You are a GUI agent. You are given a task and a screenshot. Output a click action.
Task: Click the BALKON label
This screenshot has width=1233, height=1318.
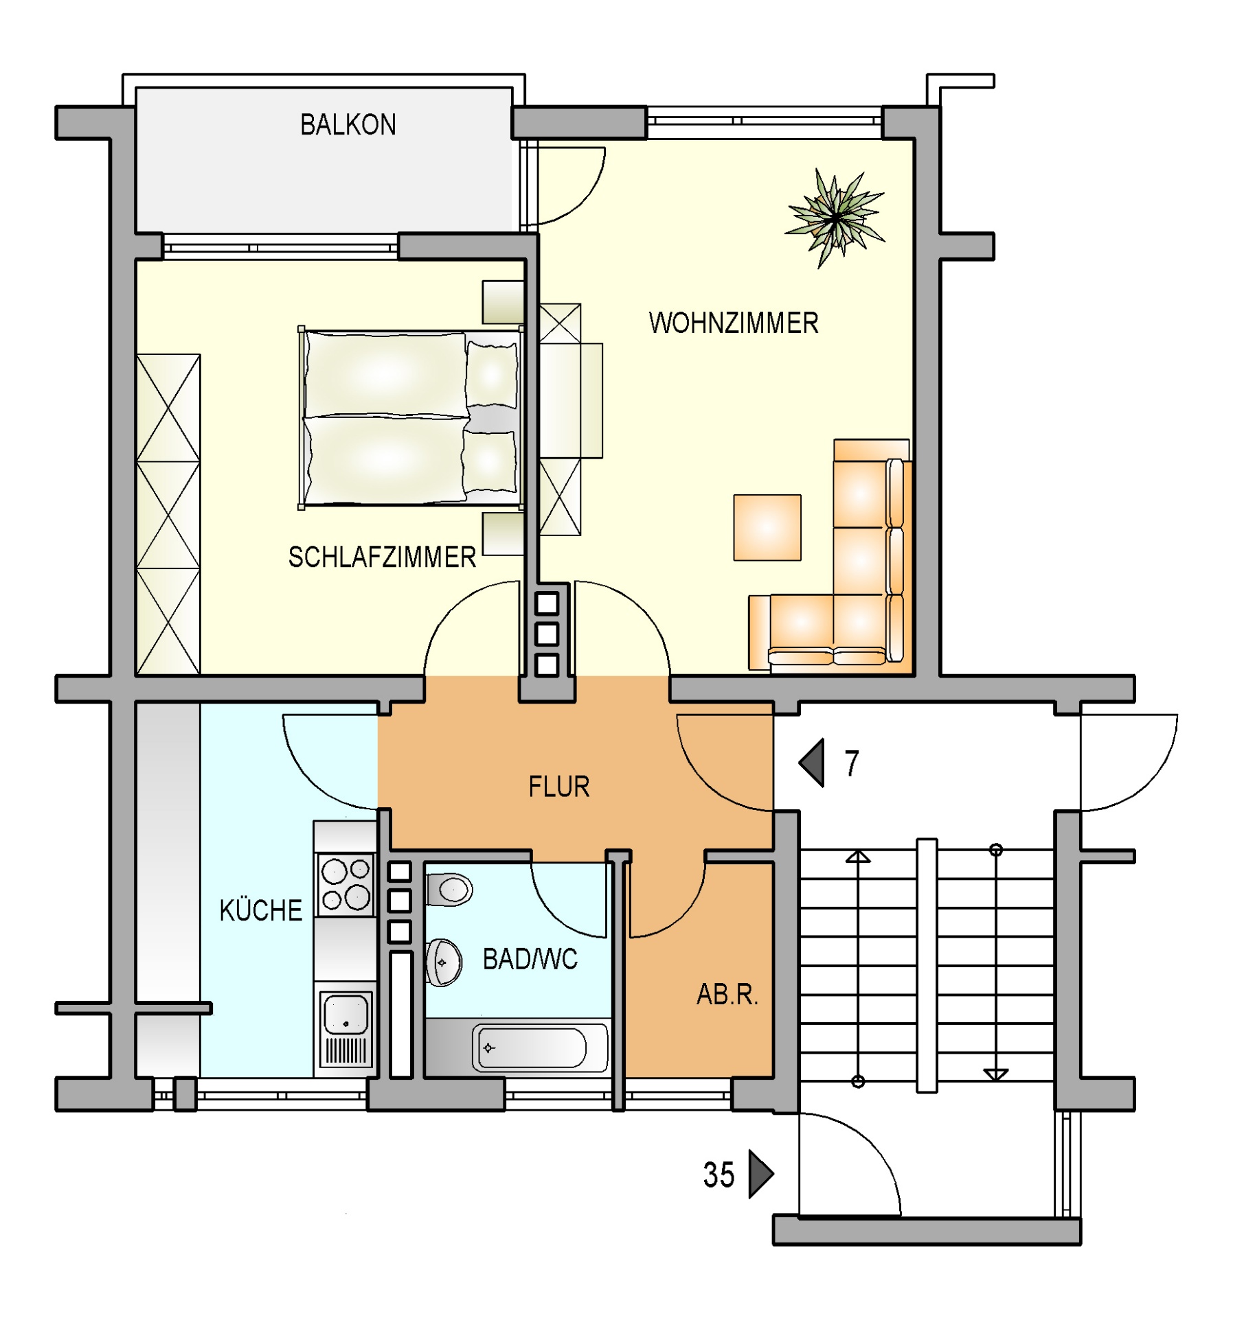point(348,125)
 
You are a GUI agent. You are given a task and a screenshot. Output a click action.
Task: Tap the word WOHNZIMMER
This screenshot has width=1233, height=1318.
point(733,323)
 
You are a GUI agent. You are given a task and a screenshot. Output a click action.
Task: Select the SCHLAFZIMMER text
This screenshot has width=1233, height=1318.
point(382,557)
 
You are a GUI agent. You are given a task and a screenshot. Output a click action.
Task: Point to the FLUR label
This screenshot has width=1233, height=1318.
point(558,787)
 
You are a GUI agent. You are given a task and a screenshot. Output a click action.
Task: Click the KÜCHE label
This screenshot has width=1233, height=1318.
point(260,910)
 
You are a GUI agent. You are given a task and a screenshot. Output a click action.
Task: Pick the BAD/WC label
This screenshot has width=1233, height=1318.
point(530,959)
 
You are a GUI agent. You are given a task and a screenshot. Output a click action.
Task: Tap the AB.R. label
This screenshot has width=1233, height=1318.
point(727,994)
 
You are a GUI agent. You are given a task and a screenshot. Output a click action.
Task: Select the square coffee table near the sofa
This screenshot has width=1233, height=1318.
point(767,527)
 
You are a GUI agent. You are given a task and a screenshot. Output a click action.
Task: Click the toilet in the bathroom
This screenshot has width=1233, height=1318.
point(449,890)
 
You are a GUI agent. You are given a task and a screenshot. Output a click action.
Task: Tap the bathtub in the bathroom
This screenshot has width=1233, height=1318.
point(540,1048)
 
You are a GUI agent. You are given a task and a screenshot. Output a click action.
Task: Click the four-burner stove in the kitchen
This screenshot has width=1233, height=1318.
point(346,885)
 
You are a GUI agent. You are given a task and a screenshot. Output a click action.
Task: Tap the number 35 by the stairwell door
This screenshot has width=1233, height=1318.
point(719,1175)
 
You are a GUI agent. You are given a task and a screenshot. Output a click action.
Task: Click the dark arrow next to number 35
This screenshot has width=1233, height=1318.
point(761,1174)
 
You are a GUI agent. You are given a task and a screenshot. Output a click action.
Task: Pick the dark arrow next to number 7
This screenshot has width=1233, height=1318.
point(811,763)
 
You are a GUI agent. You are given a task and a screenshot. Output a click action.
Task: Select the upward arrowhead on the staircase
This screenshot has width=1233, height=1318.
point(858,856)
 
